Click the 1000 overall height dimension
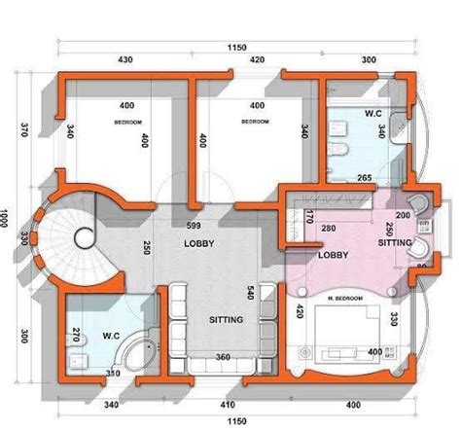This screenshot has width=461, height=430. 7,215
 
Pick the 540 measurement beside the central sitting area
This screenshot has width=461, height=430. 277,292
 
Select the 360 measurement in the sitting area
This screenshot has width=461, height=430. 223,357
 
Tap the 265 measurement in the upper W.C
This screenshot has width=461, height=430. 364,178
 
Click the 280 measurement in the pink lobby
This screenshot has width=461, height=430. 330,229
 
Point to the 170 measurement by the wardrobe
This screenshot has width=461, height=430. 309,215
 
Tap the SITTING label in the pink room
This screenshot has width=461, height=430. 395,246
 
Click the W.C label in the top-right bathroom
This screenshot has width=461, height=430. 373,114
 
